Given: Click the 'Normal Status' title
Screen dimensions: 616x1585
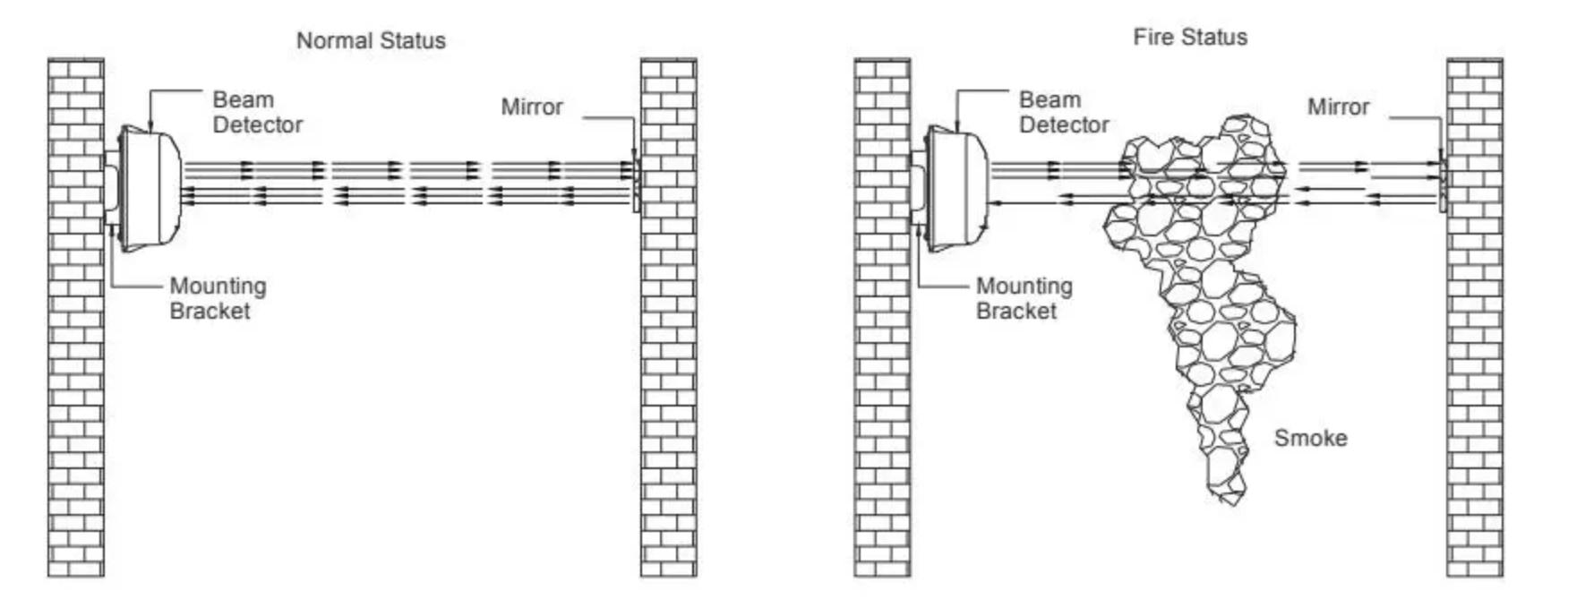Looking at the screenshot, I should pos(371,40).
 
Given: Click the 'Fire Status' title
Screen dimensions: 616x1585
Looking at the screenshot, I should pos(1190,37).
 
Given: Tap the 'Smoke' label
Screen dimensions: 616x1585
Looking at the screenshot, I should pos(1310,438).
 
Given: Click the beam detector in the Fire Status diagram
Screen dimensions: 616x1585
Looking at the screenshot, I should pos(955,188).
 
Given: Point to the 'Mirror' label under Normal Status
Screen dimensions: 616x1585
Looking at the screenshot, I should pos(532,107).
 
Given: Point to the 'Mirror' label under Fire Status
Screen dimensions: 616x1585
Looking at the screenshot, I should pos(1338,107).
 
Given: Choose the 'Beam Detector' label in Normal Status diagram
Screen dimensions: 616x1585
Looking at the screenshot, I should pos(257,112).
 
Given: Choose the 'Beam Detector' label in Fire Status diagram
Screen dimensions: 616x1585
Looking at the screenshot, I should pos(1063,112).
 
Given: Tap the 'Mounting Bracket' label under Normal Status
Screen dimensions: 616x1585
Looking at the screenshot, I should pos(218,298).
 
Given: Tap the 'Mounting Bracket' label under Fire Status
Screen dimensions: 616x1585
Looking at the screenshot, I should pos(1024,298).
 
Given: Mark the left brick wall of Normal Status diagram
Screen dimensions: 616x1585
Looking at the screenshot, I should pos(76,358).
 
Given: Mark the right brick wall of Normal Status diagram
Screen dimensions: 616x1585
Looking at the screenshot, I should pos(668,358).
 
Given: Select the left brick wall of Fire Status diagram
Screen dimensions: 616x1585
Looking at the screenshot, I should pos(882,358).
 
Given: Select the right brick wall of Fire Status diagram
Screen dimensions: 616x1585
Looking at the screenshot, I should pos(1475,358).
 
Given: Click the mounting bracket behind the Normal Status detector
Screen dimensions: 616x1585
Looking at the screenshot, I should pos(111,188).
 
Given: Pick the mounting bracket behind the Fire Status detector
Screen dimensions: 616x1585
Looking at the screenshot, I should pos(917,188).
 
